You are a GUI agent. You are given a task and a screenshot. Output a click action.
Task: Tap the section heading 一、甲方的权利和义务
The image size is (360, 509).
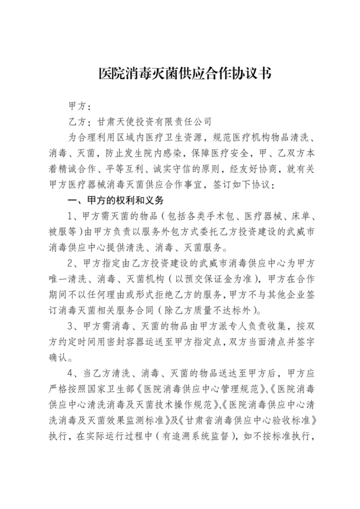pyautogui.click(x=113, y=201)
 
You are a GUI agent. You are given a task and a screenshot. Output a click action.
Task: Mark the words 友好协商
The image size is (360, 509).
pyautogui.click(x=271, y=169)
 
